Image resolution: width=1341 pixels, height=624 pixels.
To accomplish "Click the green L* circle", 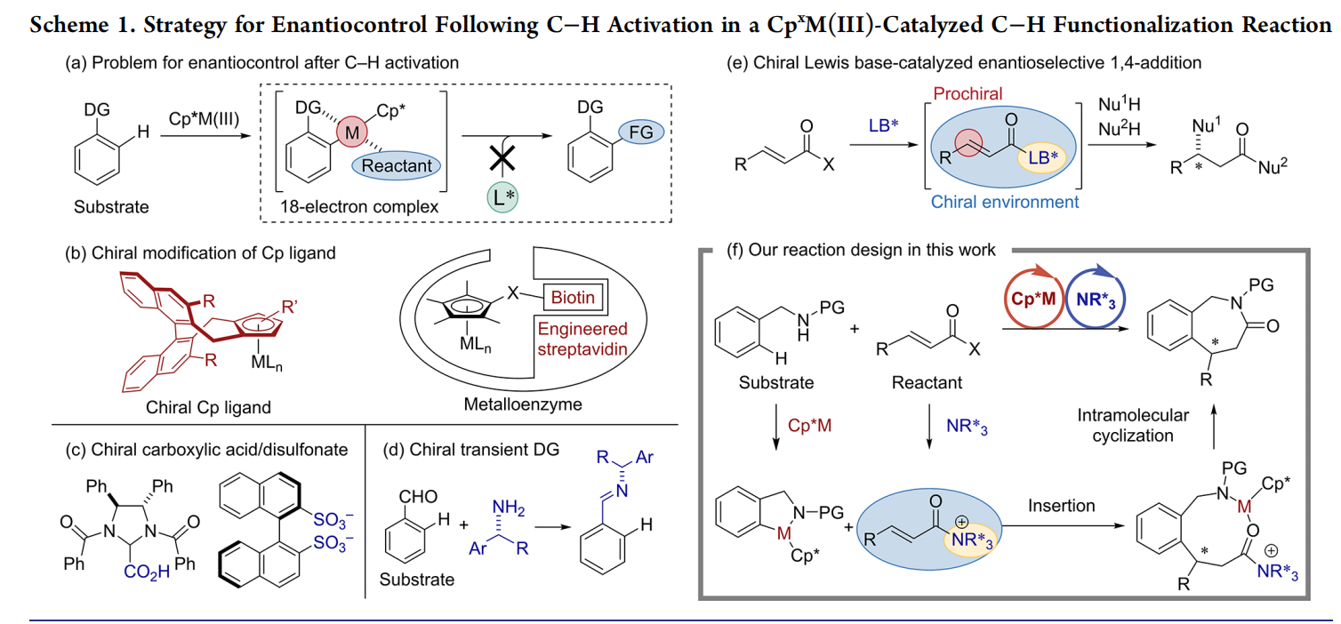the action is pyautogui.click(x=502, y=197).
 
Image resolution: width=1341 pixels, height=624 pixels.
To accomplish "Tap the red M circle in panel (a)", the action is pyautogui.click(x=351, y=132).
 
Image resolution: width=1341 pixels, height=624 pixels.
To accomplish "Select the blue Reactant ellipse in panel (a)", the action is pyautogui.click(x=397, y=165).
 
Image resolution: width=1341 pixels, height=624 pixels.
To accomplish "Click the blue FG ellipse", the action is pyautogui.click(x=641, y=132).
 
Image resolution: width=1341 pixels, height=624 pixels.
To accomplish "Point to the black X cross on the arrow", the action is pyautogui.click(x=502, y=159).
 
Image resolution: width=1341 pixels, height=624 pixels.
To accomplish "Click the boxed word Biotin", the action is pyautogui.click(x=573, y=298).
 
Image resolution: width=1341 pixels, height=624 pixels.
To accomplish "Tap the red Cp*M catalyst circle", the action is pyautogui.click(x=1033, y=298).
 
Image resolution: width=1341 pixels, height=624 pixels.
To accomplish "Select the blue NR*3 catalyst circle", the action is pyautogui.click(x=1096, y=298).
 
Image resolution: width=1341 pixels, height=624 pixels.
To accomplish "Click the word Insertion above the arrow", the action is pyautogui.click(x=1062, y=506).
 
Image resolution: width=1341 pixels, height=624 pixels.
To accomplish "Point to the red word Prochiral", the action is pyautogui.click(x=968, y=94).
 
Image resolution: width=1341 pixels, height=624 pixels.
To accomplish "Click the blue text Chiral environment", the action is pyautogui.click(x=1005, y=202).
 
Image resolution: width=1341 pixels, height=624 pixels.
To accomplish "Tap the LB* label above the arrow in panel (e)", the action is pyautogui.click(x=883, y=125).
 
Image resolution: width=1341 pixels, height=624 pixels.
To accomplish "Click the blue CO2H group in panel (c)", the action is pyautogui.click(x=147, y=572).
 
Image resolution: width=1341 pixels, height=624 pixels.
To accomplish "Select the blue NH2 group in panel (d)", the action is pyautogui.click(x=509, y=508).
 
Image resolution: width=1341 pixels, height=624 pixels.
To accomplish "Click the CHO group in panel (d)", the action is pyautogui.click(x=418, y=497).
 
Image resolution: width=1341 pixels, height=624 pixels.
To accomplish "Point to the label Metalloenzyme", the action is pyautogui.click(x=523, y=404).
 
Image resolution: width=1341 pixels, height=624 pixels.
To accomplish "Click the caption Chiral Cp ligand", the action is pyautogui.click(x=208, y=407).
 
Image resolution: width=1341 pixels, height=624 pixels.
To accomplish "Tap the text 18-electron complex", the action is pyautogui.click(x=359, y=207).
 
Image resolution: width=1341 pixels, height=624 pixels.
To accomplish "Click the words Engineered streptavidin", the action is pyautogui.click(x=582, y=339).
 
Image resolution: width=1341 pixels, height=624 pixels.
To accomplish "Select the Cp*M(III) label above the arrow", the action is pyautogui.click(x=205, y=119).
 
